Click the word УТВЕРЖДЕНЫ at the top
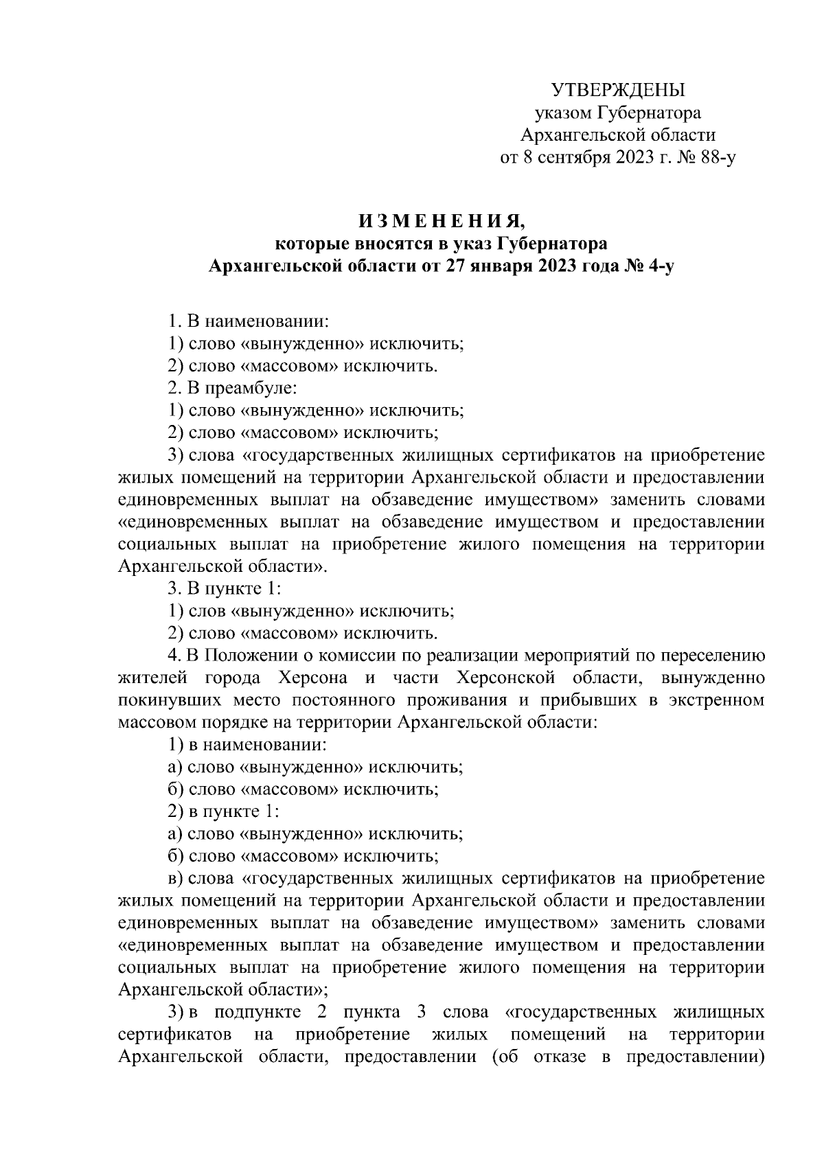619,90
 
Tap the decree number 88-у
715,159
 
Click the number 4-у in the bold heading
660,266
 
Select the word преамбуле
244,388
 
